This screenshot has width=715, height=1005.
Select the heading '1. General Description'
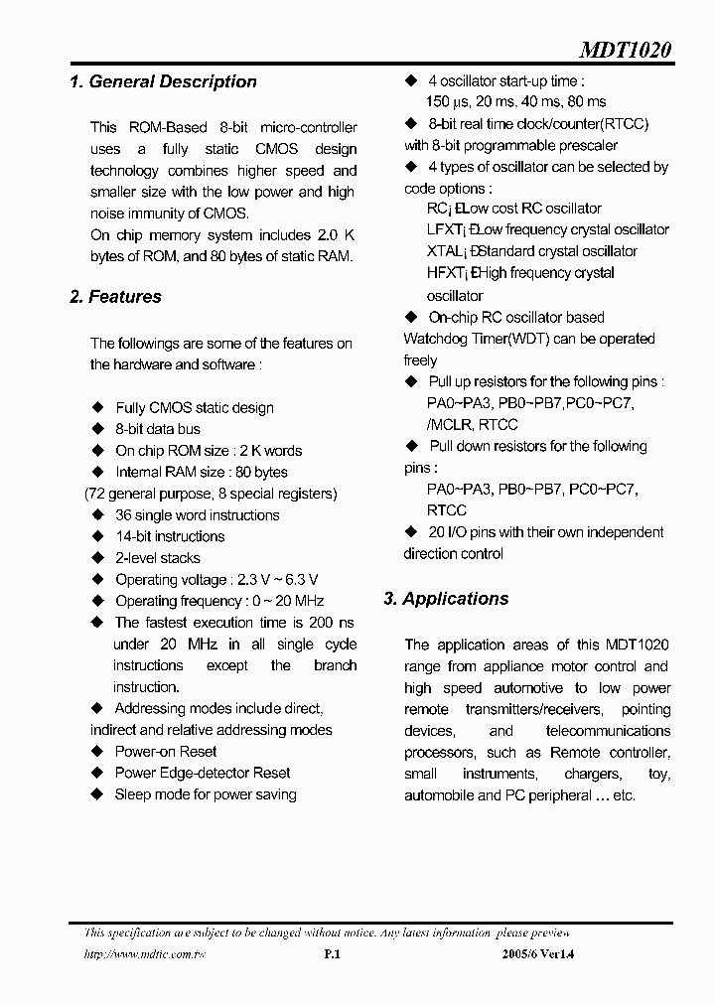[163, 82]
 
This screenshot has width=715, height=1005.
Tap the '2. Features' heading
[115, 297]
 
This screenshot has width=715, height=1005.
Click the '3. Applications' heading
[446, 599]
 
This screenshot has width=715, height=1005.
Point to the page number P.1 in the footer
[333, 955]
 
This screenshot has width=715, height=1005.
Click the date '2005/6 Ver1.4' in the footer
[539, 955]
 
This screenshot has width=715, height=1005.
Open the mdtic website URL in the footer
[145, 955]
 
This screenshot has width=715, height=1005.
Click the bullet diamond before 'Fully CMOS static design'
[97, 407]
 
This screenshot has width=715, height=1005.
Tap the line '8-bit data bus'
[158, 429]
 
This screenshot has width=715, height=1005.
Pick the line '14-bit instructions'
[170, 536]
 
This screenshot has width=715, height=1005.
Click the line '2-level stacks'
[158, 558]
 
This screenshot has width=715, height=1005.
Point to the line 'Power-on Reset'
[166, 752]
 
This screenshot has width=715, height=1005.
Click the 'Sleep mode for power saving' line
[206, 794]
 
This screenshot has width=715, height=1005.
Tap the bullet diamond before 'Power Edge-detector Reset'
[97, 773]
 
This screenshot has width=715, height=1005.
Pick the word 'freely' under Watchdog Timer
[421, 360]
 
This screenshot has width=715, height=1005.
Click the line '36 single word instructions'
[197, 515]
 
